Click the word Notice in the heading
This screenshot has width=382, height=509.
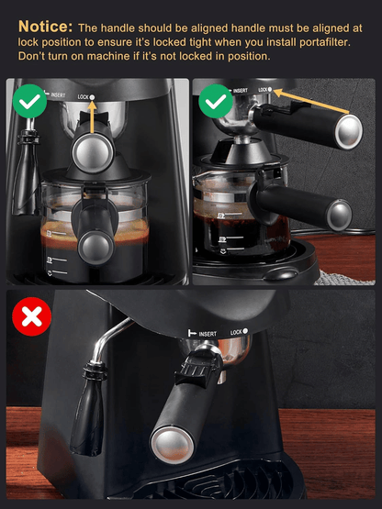pos(39,28)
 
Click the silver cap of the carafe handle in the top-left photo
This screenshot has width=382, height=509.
pos(92,244)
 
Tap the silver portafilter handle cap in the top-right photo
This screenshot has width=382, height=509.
pos(349,132)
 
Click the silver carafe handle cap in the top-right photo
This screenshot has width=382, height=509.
pos(340,216)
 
